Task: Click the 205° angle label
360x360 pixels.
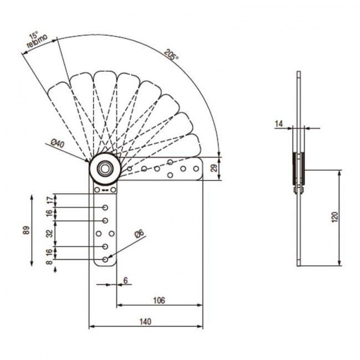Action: (171, 55)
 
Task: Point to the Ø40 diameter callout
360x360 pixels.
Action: (58, 143)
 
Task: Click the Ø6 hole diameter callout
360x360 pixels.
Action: (140, 234)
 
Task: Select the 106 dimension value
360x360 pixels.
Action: (158, 300)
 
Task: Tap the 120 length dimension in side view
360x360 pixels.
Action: (334, 217)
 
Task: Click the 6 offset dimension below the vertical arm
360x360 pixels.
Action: (126, 281)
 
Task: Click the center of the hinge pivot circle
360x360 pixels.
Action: (104, 169)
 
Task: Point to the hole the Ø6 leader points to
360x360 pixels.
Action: (105, 259)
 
